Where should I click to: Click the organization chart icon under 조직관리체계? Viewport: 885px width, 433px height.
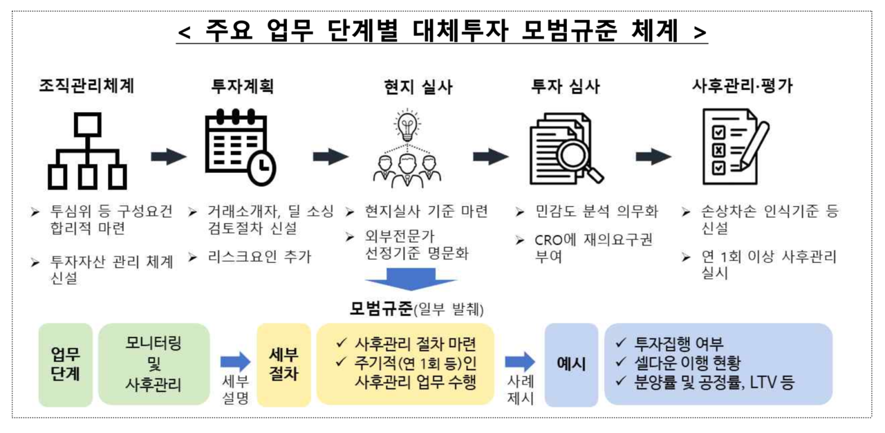coord(87,151)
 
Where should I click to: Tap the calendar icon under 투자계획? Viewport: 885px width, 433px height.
coord(239,147)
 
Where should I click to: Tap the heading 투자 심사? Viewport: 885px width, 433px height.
coord(565,86)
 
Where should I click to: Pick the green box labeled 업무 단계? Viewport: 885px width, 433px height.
coord(65,364)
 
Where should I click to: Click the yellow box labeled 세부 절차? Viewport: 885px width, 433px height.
coord(283,364)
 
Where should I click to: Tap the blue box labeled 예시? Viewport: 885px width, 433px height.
coord(571,364)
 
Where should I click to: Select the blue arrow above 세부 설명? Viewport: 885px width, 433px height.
coord(235,361)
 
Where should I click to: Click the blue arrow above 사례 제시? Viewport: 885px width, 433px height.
coord(520,361)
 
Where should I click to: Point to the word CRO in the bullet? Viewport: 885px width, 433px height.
coord(550,240)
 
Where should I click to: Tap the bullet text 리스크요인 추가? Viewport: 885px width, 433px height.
coord(259,257)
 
